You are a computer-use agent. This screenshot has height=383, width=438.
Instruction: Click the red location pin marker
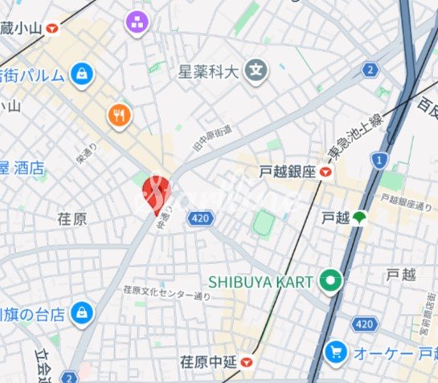[156, 194]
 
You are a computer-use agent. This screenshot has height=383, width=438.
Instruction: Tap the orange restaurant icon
[120, 116]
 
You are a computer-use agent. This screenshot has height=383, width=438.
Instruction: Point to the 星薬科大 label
[209, 71]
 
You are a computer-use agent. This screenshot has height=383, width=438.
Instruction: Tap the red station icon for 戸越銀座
[325, 171]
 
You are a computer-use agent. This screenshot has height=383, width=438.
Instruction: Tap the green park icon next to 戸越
[358, 217]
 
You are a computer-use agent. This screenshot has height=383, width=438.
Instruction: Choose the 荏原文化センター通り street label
[166, 292]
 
